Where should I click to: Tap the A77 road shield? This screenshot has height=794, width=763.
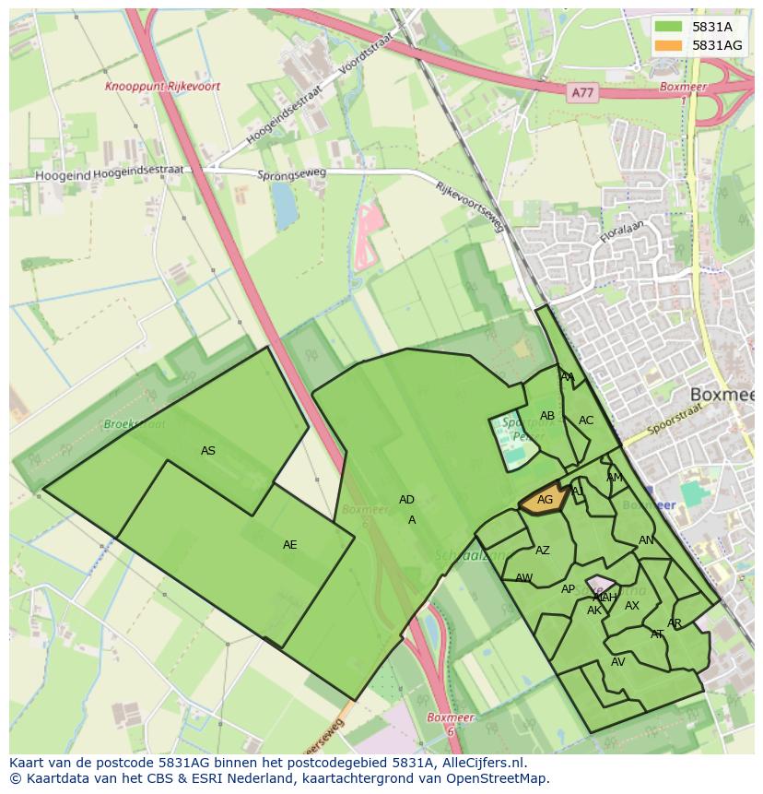pos(581,93)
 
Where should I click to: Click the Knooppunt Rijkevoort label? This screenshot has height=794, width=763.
pos(162,87)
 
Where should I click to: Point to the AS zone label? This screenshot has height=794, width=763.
pos(208,451)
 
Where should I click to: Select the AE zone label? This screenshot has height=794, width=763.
pos(290,545)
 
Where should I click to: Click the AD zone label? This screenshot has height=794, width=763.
pos(406,500)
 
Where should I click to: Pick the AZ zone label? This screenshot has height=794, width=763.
pos(543,551)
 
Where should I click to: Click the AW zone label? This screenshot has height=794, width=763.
pos(523,578)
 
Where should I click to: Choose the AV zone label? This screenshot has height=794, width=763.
pos(617,662)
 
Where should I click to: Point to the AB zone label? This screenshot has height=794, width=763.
pos(547,416)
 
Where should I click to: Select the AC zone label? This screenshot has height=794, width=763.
pos(586,421)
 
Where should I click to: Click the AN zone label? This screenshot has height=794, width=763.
pos(646,540)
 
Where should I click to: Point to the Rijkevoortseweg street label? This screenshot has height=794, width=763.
pos(472,207)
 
